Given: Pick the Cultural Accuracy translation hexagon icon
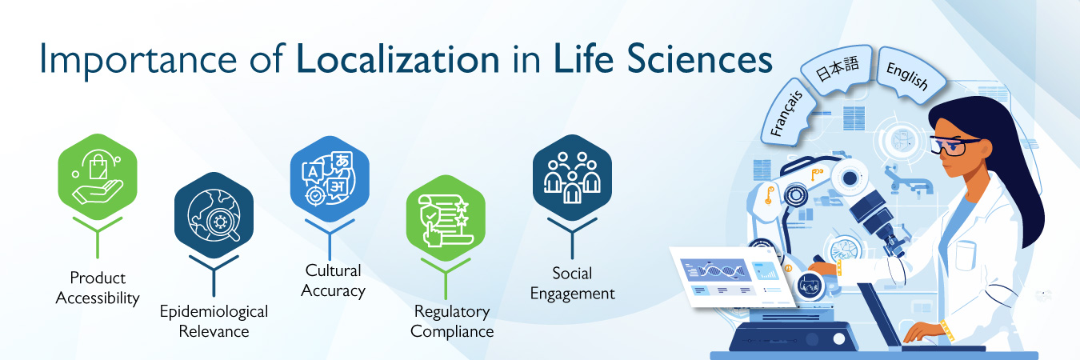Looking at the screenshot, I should tap(329, 178).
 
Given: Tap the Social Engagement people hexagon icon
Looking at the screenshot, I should tap(571, 174).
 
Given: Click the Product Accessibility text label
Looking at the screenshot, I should tap(98, 288).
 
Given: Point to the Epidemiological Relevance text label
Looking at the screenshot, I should tap(214, 321).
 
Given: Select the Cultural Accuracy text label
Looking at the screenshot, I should tap(333, 280).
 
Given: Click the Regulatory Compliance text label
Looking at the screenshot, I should tap(453, 321).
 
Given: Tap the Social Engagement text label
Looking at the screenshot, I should tap(572, 283).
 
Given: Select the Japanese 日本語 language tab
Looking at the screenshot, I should tap(838, 73).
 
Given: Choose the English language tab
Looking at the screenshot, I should tap(906, 75).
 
